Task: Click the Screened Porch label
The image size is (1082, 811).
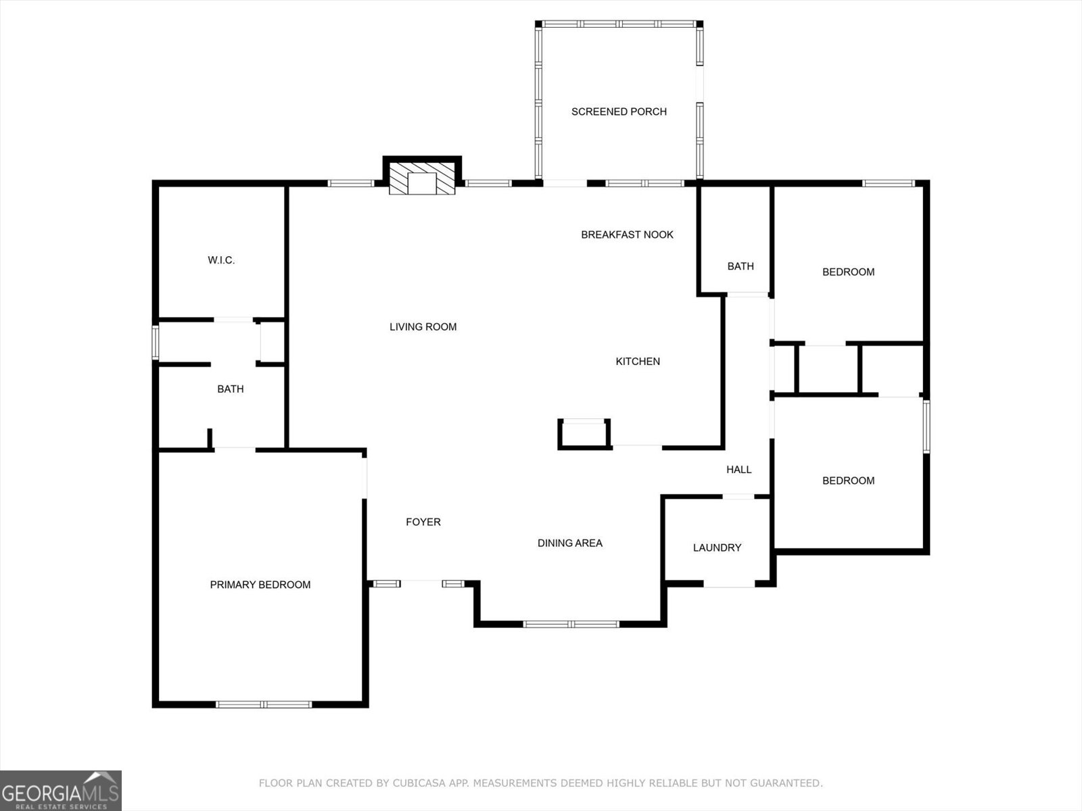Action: point(619,112)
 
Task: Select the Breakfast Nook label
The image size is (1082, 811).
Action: point(627,235)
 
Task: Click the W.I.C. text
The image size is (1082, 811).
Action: point(221,260)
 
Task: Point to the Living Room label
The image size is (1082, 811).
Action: point(423,326)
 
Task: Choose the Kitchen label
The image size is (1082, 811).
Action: point(637,362)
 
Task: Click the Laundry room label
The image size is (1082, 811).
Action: point(717,547)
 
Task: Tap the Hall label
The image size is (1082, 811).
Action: point(738,470)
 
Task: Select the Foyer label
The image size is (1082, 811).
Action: point(423,522)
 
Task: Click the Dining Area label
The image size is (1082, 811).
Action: point(569,543)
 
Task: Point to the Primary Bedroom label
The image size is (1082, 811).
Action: point(260,585)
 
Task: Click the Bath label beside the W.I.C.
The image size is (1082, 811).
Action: point(230,389)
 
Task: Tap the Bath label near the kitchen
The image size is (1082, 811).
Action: point(740,266)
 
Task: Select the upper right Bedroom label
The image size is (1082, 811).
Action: point(848,272)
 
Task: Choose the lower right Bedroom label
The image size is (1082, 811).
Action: point(848,481)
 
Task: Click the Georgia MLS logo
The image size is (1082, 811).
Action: point(61,790)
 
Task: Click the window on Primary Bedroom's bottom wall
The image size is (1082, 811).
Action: point(263,704)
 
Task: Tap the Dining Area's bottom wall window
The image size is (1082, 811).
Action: point(571,624)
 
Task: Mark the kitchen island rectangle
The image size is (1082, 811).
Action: point(584,433)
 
